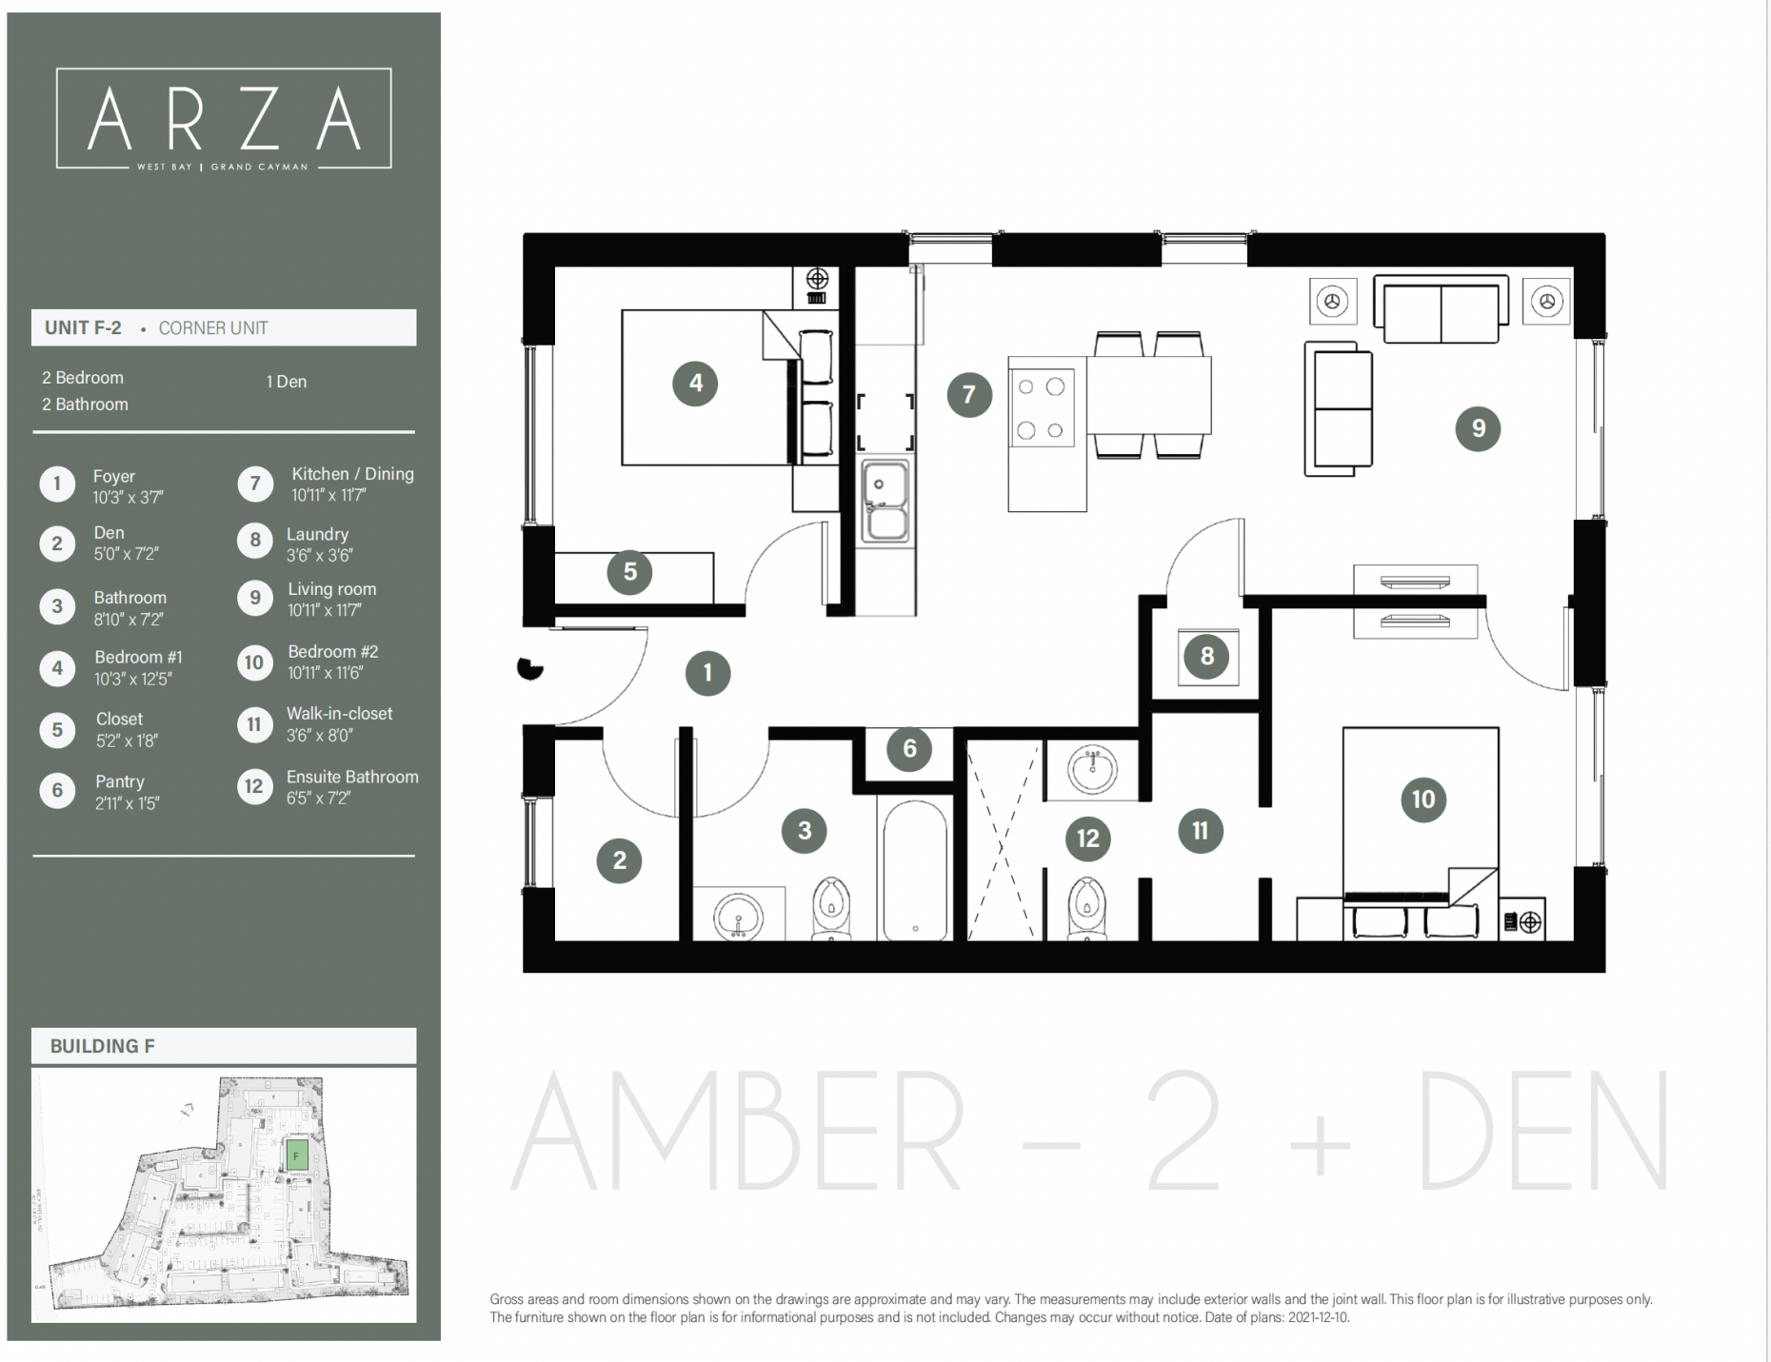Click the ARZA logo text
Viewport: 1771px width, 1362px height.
tap(224, 120)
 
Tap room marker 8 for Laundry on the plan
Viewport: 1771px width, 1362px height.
tap(1206, 656)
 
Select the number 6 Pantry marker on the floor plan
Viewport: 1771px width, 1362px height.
tap(909, 749)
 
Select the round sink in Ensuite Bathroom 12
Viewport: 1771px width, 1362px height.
tap(1092, 769)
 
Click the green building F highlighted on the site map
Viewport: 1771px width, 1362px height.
tap(297, 1155)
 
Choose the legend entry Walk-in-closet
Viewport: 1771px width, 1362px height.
tap(339, 714)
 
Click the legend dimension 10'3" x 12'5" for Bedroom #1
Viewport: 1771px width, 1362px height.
tap(132, 679)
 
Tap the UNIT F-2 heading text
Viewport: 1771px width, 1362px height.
tap(83, 327)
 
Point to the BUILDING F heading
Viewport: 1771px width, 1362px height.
tap(102, 1046)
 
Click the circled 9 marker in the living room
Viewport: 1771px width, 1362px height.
tap(1478, 428)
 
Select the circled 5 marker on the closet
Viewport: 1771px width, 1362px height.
tap(629, 572)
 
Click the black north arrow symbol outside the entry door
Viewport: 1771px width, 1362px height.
tap(529, 668)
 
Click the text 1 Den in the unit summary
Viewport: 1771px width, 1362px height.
tap(286, 382)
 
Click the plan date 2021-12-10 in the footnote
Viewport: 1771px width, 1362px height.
tap(1317, 1318)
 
